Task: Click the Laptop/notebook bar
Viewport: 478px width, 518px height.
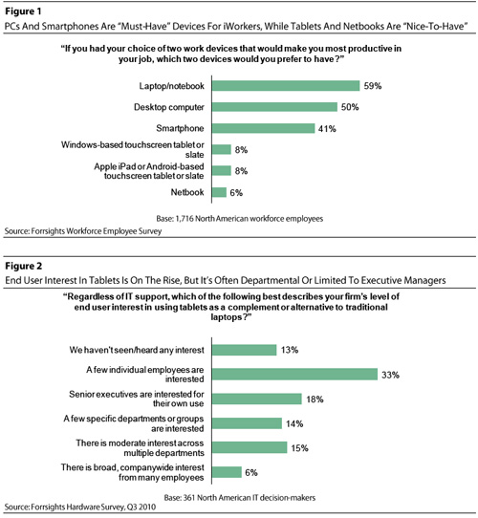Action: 286,86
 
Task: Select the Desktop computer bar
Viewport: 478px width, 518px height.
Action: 274,107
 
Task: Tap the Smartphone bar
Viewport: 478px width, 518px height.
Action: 263,128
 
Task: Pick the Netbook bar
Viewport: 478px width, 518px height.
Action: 219,192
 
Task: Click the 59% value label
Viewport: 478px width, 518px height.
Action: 373,86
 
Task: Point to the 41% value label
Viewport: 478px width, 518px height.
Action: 327,128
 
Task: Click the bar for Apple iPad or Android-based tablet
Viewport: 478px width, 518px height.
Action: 222,171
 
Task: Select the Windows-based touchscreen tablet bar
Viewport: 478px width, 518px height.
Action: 222,149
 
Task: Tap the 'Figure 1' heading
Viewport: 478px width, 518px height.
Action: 23,11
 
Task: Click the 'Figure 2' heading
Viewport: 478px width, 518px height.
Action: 24,266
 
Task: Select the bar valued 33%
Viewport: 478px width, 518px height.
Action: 294,375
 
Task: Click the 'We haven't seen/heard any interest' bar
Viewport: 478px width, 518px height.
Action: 245,350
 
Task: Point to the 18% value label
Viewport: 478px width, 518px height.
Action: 315,399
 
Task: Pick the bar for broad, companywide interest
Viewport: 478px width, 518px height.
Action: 227,472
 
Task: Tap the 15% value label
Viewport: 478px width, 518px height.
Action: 300,448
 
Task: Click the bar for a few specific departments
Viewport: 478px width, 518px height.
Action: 247,423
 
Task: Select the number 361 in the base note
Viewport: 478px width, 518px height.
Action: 188,498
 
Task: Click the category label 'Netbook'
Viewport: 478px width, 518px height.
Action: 187,192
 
